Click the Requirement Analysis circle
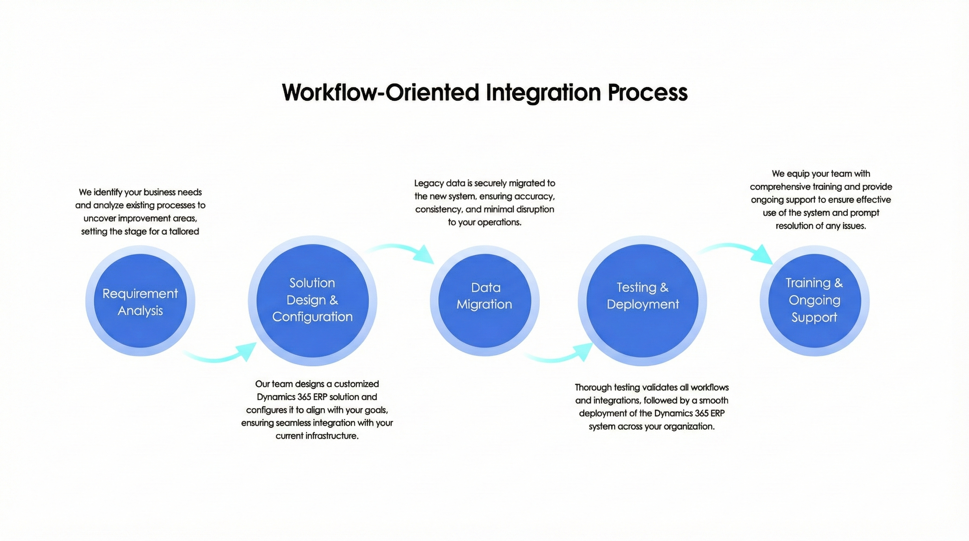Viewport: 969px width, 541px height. point(140,301)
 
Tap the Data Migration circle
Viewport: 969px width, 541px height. point(484,301)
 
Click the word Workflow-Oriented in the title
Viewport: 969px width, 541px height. point(380,92)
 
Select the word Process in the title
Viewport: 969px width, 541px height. point(648,92)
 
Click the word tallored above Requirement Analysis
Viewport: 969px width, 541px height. point(184,231)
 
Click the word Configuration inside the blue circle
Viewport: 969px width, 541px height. point(312,317)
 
